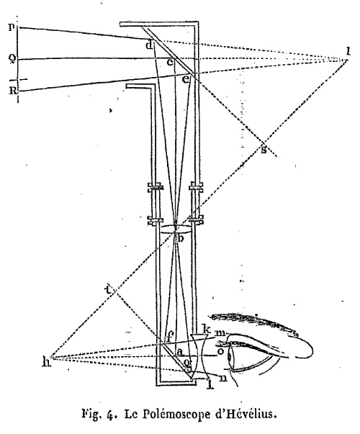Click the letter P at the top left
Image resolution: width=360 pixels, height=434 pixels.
pyautogui.click(x=11, y=27)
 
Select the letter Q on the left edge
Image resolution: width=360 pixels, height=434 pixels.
pyautogui.click(x=12, y=60)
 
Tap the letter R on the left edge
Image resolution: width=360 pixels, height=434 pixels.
pyautogui.click(x=13, y=90)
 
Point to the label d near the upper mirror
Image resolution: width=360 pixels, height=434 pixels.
pyautogui.click(x=149, y=45)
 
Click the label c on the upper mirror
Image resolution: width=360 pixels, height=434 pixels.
pyautogui.click(x=170, y=63)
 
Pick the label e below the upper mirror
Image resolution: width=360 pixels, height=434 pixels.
pyautogui.click(x=186, y=79)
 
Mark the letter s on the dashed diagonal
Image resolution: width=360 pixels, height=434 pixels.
pyautogui.click(x=264, y=150)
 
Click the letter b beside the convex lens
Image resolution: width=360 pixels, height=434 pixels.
pyautogui.click(x=180, y=238)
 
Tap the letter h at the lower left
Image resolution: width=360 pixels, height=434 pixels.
pyautogui.click(x=47, y=361)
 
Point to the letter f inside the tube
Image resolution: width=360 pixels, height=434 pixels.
pyautogui.click(x=168, y=337)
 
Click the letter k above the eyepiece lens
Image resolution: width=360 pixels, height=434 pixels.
pyautogui.click(x=207, y=330)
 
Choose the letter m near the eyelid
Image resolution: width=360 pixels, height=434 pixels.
pyautogui.click(x=220, y=333)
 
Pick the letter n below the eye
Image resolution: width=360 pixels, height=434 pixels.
pyautogui.click(x=222, y=378)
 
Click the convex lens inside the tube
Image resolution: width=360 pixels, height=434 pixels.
pyautogui.click(x=175, y=230)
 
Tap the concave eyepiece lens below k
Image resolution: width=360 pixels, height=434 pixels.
pyautogui.click(x=199, y=356)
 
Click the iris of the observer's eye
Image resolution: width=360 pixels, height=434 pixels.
pyautogui.click(x=229, y=358)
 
